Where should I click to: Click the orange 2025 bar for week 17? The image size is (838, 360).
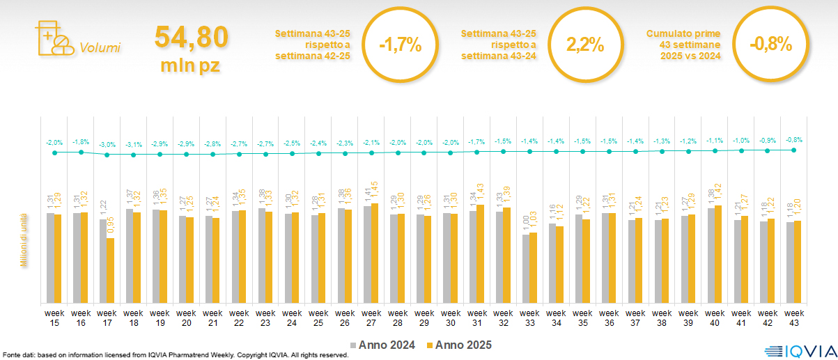pos(110,270)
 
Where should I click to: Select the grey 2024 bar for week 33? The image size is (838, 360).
pos(526,269)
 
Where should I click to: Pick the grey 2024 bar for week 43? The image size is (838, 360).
pos(789,263)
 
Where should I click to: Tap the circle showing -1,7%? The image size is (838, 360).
pos(401,45)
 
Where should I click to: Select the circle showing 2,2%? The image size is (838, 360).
pos(585,45)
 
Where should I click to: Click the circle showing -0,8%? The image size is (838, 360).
pos(771,45)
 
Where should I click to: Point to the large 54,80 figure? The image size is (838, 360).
pos(192,38)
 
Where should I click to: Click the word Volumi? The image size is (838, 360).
pos(100,48)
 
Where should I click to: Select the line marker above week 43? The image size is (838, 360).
pos(794,150)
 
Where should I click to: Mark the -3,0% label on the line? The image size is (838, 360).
pos(107,144)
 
